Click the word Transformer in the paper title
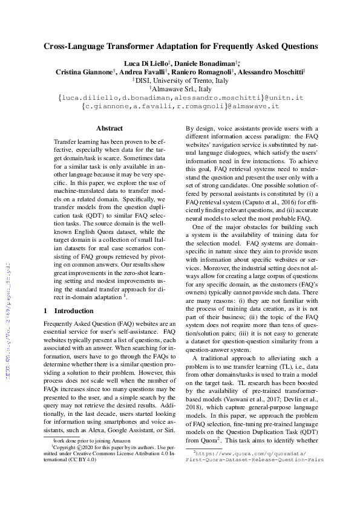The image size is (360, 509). [136, 46]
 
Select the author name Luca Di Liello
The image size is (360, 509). [148, 62]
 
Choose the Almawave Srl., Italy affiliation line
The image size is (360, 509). [180, 88]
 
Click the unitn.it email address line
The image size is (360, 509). [180, 97]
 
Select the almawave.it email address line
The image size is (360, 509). [180, 106]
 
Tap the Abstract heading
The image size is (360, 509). [110, 128]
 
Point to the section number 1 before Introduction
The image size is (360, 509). [46, 311]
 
